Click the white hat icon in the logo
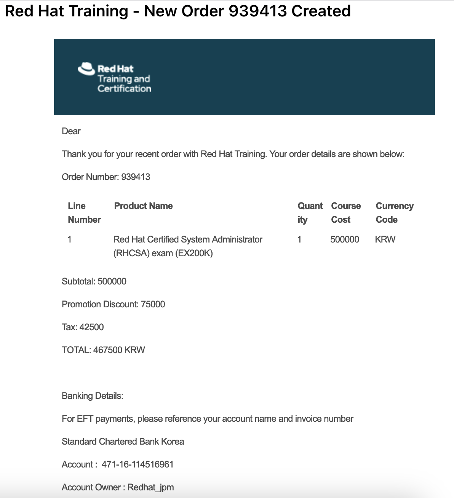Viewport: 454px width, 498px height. pyautogui.click(x=86, y=69)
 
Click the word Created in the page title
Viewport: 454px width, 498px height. pyautogui.click(x=321, y=11)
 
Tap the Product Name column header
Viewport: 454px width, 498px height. pyautogui.click(x=143, y=206)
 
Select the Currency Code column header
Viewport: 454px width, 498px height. pyautogui.click(x=394, y=212)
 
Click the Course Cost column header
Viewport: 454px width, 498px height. pyautogui.click(x=345, y=212)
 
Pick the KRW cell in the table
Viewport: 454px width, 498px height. pyautogui.click(x=385, y=239)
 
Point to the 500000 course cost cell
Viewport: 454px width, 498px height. pyautogui.click(x=344, y=239)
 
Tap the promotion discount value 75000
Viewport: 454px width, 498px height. pyautogui.click(x=153, y=304)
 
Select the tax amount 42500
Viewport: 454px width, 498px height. pyautogui.click(x=91, y=327)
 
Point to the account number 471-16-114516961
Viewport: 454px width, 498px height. pyautogui.click(x=137, y=464)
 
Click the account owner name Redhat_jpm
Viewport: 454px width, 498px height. pyautogui.click(x=150, y=487)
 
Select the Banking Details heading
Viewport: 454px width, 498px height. pyautogui.click(x=92, y=396)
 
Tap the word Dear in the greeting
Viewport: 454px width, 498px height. pyautogui.click(x=71, y=131)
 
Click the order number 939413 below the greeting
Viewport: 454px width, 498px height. pyautogui.click(x=136, y=177)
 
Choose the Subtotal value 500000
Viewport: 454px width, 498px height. pyautogui.click(x=112, y=281)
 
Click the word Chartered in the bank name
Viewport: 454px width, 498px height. pyautogui.click(x=117, y=442)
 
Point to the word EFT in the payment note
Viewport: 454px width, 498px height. pyautogui.click(x=85, y=419)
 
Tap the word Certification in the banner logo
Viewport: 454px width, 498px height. pyautogui.click(x=124, y=89)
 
